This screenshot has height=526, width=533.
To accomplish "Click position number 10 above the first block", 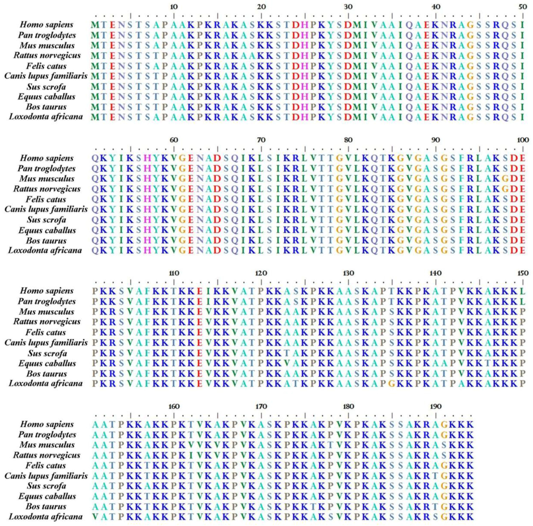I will coord(174,7).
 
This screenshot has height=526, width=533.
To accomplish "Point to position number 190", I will coord(436,406).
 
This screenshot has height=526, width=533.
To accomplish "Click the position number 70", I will coord(261,140).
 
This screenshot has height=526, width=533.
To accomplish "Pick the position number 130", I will coord(348,273).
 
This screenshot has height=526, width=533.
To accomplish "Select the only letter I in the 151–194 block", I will coord(191,455).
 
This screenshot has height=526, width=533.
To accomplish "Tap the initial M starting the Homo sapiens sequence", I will coord(95,25).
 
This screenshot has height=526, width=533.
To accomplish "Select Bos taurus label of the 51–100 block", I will coord(46,240).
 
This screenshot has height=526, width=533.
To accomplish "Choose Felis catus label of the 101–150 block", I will coord(46,332).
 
